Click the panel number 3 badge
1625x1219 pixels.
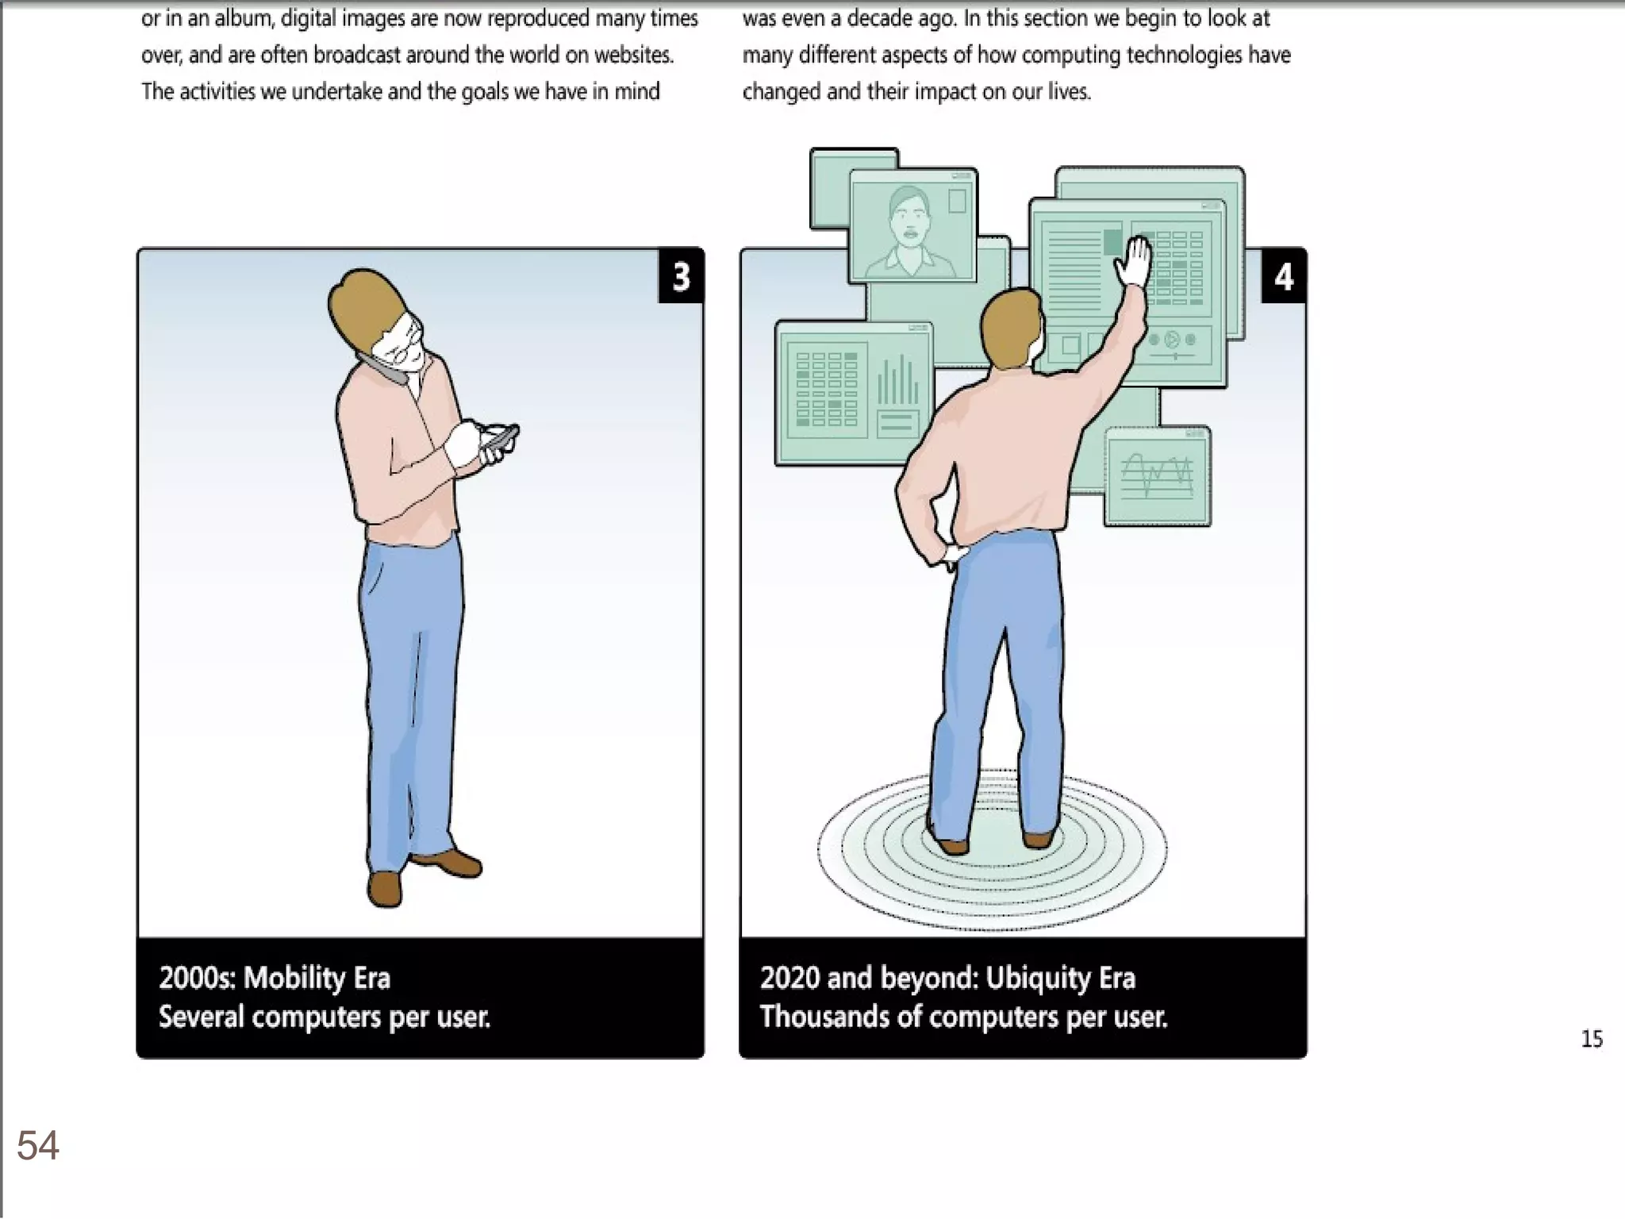[x=681, y=276]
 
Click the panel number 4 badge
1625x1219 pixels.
[x=1284, y=276]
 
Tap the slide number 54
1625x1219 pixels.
[x=38, y=1145]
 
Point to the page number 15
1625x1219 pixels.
[x=1592, y=1039]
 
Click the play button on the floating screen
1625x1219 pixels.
[x=1172, y=340]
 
